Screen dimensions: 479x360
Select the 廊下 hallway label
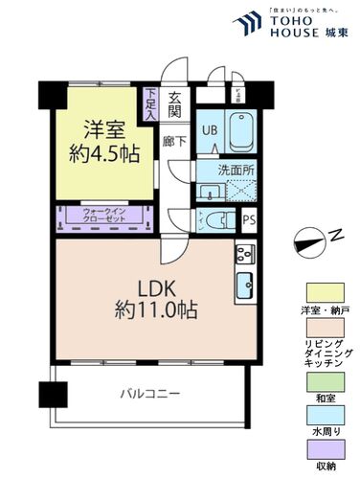(173, 140)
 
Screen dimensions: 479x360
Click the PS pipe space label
(249, 220)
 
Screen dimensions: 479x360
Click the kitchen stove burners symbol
(243, 256)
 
